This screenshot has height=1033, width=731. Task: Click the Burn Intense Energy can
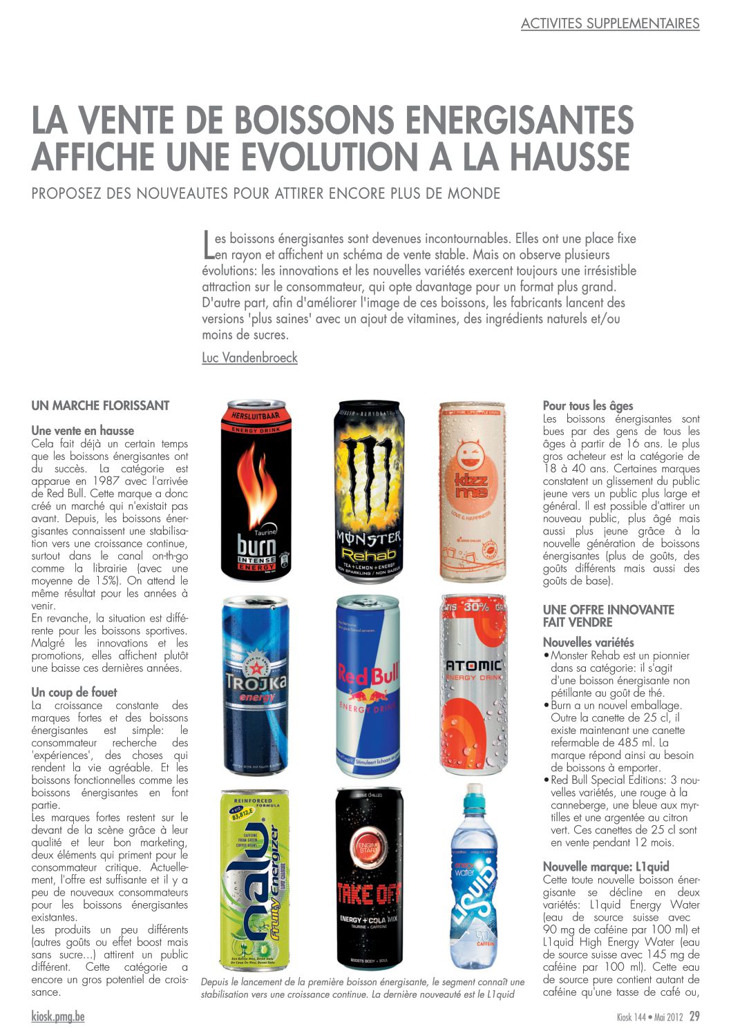(253, 490)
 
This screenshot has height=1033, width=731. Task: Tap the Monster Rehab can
(368, 490)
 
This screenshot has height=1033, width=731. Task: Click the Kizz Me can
(473, 490)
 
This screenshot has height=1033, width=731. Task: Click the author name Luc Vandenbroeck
(249, 358)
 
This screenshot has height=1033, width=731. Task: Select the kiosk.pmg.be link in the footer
(58, 1016)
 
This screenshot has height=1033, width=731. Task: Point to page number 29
(694, 1016)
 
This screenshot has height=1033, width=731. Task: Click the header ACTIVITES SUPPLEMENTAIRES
(610, 23)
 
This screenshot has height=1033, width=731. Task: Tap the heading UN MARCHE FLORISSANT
(100, 406)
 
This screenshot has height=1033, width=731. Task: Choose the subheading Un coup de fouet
(74, 692)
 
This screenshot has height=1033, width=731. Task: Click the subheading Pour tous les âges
(588, 406)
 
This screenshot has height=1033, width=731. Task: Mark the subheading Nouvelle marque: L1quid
(606, 867)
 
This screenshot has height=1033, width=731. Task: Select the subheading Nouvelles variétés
(588, 642)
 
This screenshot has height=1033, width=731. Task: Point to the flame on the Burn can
(253, 476)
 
